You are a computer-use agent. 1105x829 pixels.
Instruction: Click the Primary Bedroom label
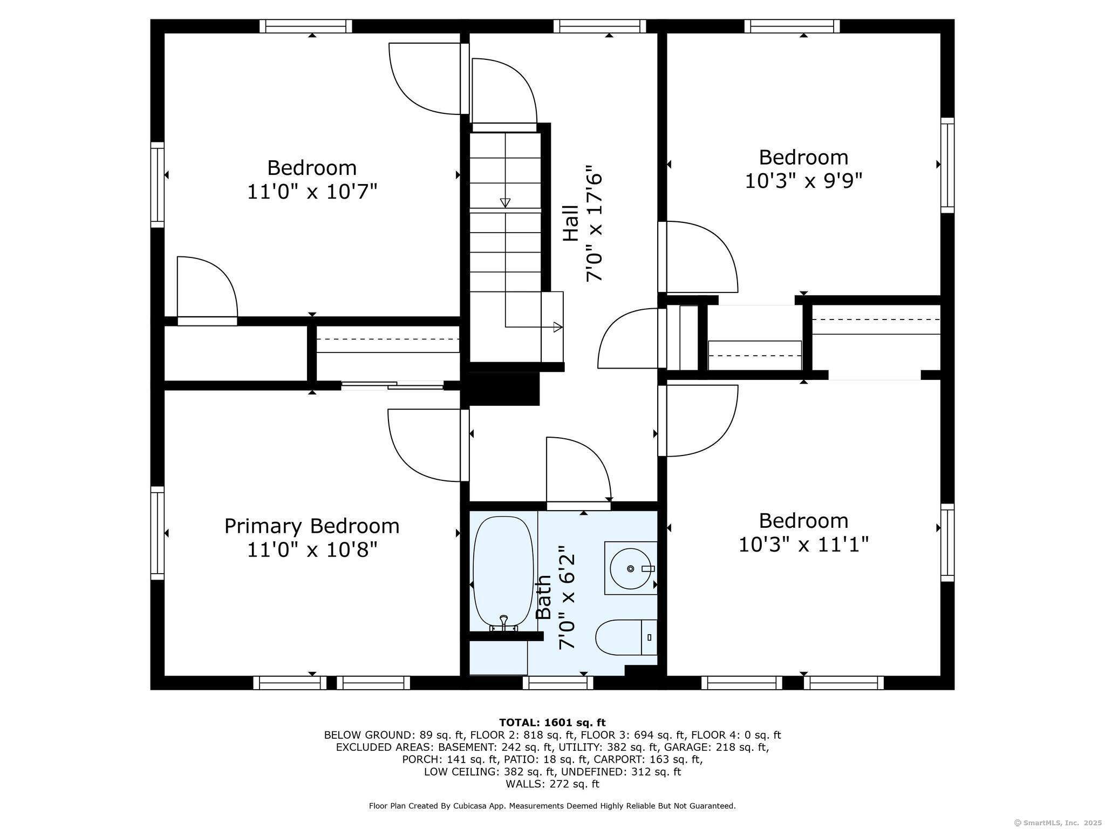click(312, 526)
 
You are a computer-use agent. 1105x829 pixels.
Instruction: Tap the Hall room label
click(570, 223)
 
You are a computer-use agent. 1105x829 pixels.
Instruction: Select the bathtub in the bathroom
click(503, 574)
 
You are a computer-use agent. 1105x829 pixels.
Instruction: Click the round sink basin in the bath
click(630, 568)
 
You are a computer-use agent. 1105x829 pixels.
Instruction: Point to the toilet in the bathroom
click(626, 637)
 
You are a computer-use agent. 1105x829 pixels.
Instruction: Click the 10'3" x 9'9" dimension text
click(803, 181)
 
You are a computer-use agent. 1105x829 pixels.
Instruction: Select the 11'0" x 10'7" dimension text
click(312, 192)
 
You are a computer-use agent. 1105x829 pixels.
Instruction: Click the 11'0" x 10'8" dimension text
click(312, 550)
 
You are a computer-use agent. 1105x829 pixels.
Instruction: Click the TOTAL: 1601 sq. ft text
click(552, 723)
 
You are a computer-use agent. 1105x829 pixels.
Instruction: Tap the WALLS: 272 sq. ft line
click(552, 784)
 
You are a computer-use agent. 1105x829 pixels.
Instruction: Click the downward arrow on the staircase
click(505, 202)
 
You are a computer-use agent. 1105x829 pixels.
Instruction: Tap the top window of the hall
click(599, 26)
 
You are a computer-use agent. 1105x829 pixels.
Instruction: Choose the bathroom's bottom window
click(558, 683)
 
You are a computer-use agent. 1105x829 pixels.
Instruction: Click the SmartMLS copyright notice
click(1058, 823)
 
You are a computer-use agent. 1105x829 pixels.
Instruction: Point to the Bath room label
click(543, 597)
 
